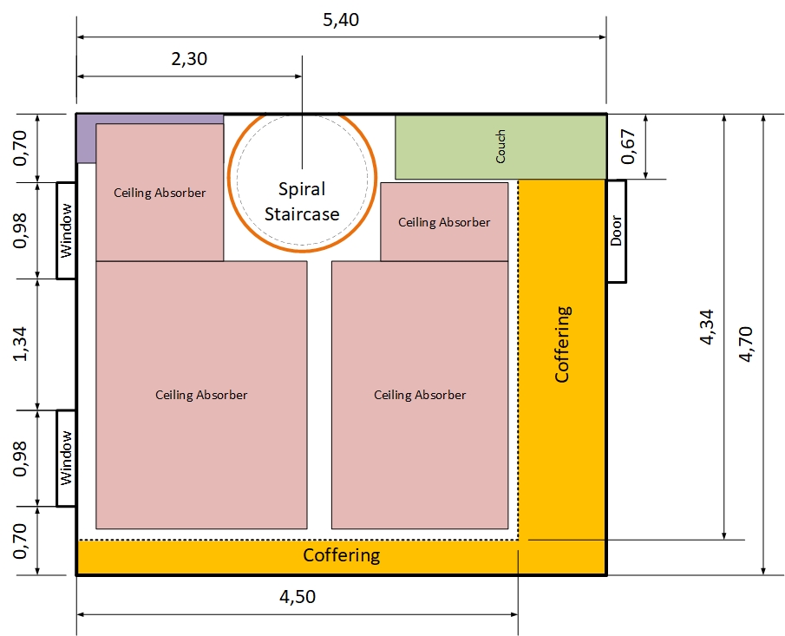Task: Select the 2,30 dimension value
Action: [189, 59]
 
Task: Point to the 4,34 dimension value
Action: [709, 326]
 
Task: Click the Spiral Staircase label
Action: [302, 201]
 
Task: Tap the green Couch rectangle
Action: [500, 147]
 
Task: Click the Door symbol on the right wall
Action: [616, 231]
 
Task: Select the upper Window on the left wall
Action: [67, 230]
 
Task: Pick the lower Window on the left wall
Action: [67, 457]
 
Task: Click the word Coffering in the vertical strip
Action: [562, 344]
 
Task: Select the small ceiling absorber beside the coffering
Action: [444, 222]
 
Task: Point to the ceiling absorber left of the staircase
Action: [160, 193]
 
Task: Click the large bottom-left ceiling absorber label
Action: [201, 395]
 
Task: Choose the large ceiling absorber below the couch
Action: [420, 395]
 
